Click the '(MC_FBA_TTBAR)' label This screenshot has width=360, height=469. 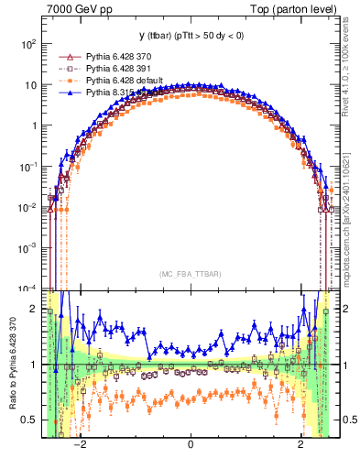tap(190, 274)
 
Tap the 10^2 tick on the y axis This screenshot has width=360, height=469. tap(29, 44)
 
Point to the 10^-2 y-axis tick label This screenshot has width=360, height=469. tap(28, 207)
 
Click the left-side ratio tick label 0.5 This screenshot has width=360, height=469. tap(29, 420)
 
